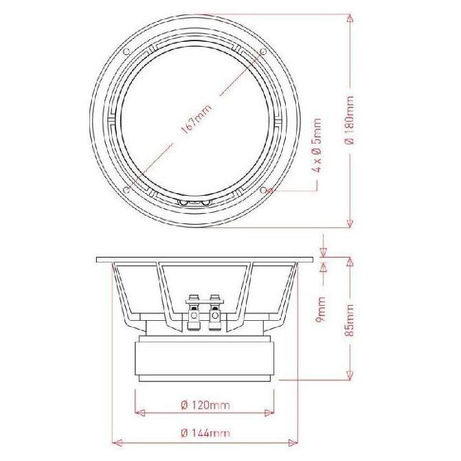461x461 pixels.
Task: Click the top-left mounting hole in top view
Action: (x=126, y=52)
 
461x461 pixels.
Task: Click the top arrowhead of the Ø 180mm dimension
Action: (x=350, y=18)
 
